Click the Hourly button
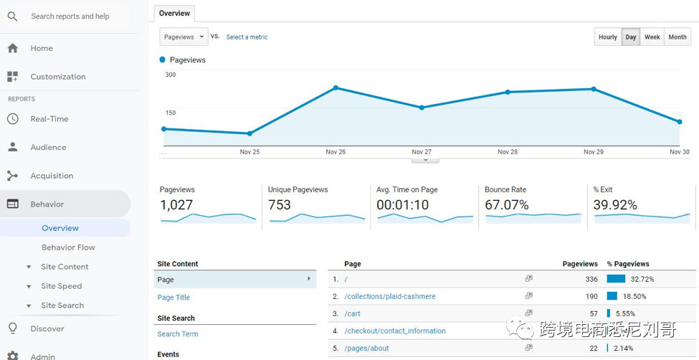pos(607,37)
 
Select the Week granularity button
pos(652,37)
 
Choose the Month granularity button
pos(677,37)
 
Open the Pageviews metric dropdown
pos(184,37)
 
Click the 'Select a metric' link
pos(247,37)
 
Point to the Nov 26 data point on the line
pos(336,88)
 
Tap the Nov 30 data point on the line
pos(679,122)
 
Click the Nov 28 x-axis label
pos(508,152)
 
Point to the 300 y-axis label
pos(171,75)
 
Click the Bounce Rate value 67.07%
pos(506,205)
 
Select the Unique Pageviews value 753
pos(280,205)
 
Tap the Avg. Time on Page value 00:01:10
pos(402,205)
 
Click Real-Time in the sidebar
pos(49,119)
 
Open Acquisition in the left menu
pos(52,176)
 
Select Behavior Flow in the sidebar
pos(68,247)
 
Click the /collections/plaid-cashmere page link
pos(389,296)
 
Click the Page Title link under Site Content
pos(173,298)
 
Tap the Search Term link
pos(178,334)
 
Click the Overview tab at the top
pos(174,13)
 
